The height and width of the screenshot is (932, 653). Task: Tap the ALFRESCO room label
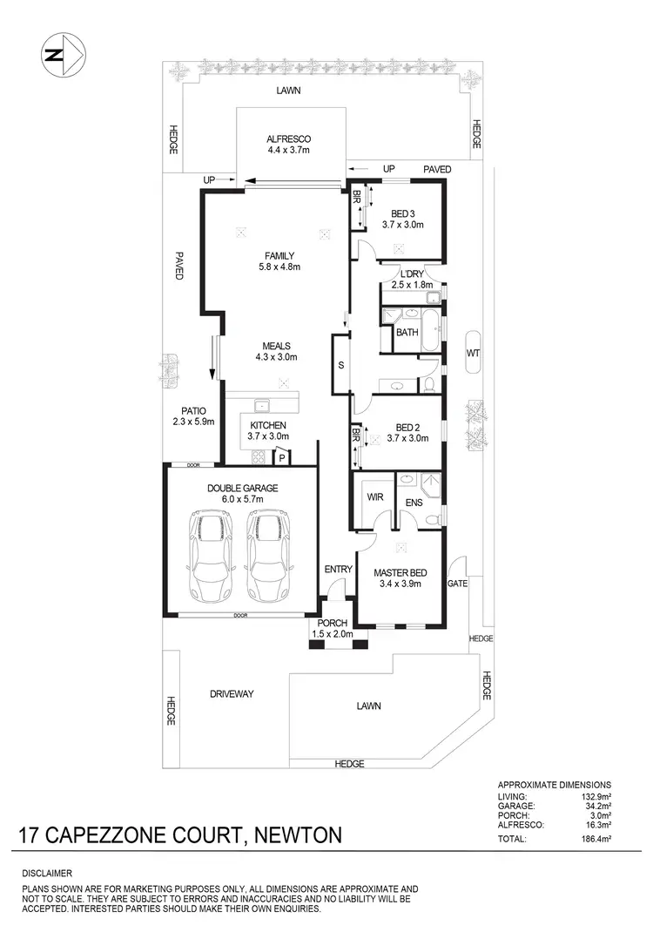289,145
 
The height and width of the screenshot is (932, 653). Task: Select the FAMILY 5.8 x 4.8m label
279,261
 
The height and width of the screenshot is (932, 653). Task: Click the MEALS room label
276,351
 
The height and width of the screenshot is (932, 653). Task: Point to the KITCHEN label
266,430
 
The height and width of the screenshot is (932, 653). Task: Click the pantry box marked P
282,456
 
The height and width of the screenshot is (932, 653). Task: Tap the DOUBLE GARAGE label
242,494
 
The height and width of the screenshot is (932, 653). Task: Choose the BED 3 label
402,219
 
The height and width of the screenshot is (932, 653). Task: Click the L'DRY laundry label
411,279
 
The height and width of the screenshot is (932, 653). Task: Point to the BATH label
407,332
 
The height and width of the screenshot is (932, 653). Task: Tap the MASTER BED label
401,577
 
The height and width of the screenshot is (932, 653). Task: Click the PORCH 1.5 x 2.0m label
332,628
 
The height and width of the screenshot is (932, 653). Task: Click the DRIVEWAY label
231,693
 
